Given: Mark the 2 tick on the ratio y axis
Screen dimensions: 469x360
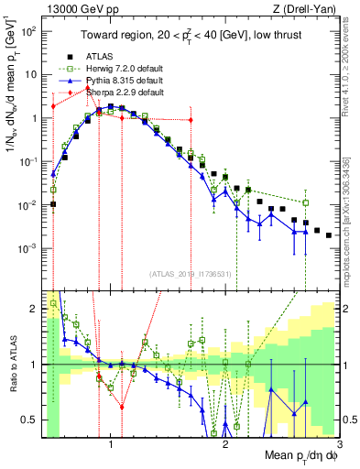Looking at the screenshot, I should click(34, 307).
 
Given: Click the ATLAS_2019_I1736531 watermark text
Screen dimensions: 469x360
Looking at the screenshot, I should click(191, 274).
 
